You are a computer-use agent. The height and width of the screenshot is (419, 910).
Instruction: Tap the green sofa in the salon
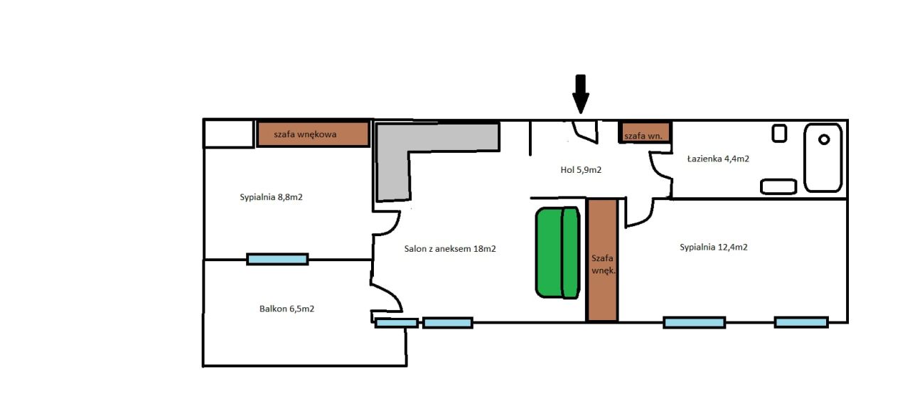point(558,253)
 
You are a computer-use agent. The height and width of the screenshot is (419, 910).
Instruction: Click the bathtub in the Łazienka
point(823,158)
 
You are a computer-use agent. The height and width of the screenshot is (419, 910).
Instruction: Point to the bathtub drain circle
point(824,139)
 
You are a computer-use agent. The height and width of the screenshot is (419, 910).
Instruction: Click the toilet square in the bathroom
point(779,133)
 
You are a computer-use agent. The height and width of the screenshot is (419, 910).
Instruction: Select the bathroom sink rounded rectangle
point(778,186)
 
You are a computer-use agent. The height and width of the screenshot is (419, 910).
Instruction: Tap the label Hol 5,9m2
point(581,170)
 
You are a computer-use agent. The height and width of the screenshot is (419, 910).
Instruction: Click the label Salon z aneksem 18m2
point(450,249)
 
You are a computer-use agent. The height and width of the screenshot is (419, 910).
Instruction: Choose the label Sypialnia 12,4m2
point(714,247)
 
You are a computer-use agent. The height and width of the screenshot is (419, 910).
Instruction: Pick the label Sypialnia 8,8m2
point(271,197)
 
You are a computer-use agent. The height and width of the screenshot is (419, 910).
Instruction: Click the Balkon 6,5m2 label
point(287,309)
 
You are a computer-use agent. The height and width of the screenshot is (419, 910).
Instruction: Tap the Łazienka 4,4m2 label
point(718,159)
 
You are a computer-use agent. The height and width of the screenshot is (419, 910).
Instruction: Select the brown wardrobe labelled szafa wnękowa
point(314,134)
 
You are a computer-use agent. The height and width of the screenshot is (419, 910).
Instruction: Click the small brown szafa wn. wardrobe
point(645,132)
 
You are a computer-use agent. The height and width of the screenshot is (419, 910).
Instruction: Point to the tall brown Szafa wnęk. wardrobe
point(602,260)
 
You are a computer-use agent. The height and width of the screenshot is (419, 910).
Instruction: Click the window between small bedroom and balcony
point(277,259)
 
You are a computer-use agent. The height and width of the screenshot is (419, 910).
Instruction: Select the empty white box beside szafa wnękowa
point(229,134)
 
